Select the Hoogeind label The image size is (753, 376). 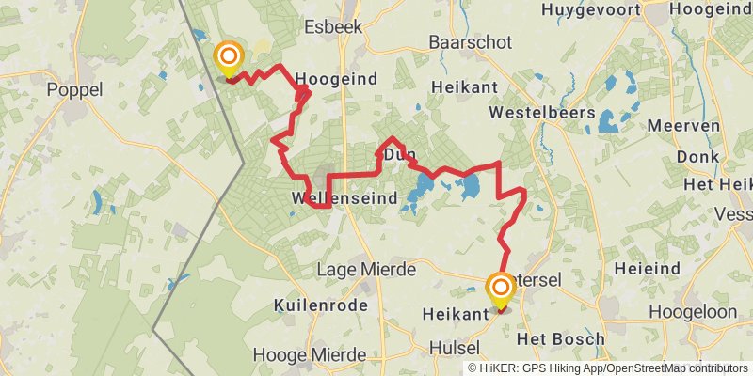click(336, 80)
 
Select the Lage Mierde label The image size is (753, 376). click(366, 270)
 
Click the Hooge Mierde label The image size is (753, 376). click(309, 356)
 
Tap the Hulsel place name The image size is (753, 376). click(454, 348)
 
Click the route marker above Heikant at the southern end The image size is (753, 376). click(500, 289)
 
